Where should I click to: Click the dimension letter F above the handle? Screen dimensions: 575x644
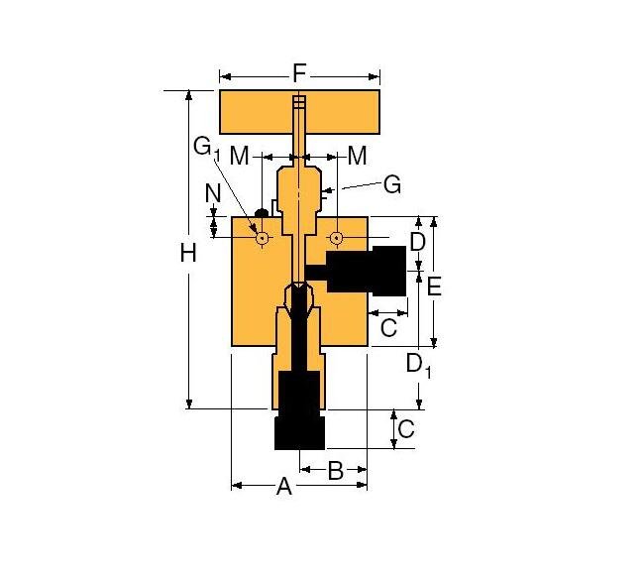pos(300,73)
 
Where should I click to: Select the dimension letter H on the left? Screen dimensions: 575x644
pos(188,253)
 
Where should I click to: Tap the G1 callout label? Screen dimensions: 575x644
pos(205,148)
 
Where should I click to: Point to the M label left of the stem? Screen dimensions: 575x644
pos(240,156)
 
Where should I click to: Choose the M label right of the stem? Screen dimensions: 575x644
pos(357,156)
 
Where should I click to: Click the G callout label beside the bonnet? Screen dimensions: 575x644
pos(392,184)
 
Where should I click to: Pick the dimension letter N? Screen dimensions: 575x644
pos(213,194)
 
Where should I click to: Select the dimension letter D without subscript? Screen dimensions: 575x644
pos(417,242)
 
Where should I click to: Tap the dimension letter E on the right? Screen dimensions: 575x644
pos(434,287)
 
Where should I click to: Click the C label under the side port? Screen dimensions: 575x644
pos(388,326)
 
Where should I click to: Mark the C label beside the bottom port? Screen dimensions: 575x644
pos(406,429)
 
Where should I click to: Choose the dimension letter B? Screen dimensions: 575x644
pos(335,470)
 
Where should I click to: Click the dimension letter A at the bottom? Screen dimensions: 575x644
pos(284,487)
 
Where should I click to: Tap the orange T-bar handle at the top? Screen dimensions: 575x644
pos(248,113)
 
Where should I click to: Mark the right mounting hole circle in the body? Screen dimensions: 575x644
pos(337,238)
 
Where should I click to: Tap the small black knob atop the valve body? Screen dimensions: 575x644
pos(262,211)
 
